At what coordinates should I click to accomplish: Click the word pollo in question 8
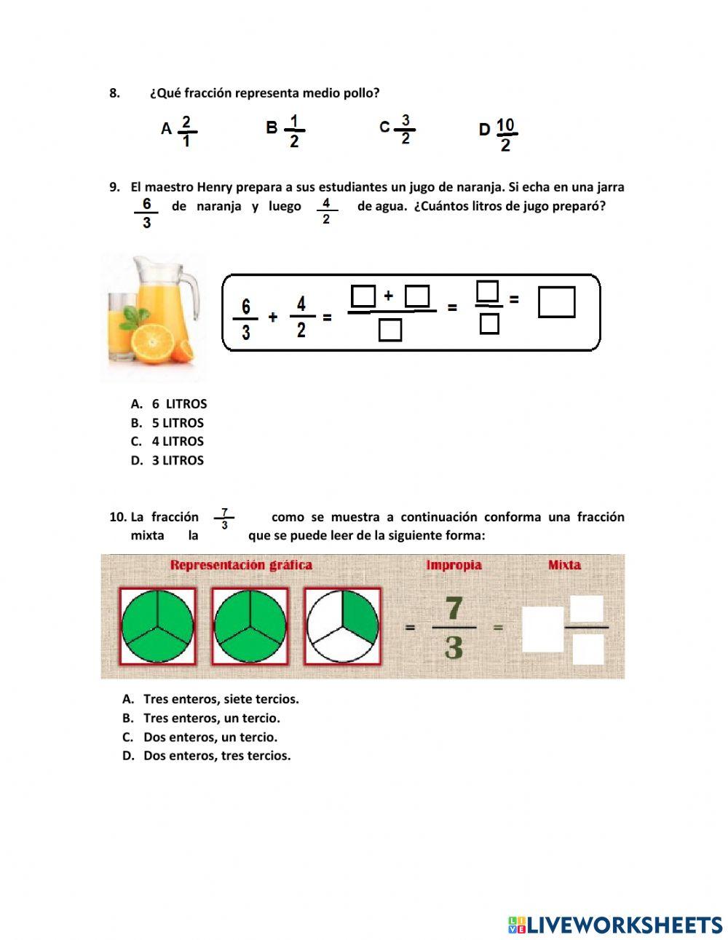[361, 93]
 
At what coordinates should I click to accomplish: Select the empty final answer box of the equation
[556, 302]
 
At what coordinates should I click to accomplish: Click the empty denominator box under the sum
[391, 331]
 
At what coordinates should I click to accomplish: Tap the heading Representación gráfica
[241, 565]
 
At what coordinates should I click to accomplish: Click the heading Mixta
[564, 565]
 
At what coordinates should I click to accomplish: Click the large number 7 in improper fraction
[454, 609]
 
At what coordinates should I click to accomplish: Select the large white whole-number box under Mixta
[543, 628]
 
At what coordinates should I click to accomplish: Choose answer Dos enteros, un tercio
[210, 737]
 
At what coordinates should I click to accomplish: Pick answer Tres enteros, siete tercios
[221, 699]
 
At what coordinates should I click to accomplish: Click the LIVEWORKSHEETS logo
[615, 925]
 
